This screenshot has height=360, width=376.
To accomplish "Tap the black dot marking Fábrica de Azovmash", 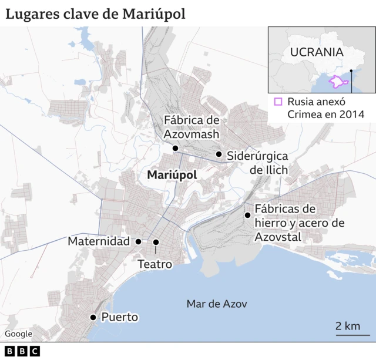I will click(175, 148).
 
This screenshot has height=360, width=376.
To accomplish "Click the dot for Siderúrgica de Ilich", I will click(219, 154).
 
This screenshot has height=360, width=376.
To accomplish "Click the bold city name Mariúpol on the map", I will click(172, 175).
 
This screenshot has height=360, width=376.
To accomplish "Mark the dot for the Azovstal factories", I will click(247, 215).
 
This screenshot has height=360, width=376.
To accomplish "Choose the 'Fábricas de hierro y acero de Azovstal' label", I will click(299, 223).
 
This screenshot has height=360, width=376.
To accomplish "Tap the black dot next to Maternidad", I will click(138, 241).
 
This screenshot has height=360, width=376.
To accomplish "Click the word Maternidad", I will click(99, 241).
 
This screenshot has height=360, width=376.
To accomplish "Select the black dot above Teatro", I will click(156, 242).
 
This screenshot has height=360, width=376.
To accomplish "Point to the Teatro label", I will click(155, 264).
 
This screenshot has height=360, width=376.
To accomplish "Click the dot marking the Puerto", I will click(93, 317).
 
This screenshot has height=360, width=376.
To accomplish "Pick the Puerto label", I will click(120, 317).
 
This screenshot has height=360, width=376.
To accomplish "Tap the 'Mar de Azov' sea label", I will click(217, 304).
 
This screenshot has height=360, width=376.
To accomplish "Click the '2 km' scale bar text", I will click(348, 326).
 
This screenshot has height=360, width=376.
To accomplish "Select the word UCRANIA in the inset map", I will click(316, 51).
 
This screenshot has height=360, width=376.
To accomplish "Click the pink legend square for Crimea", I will click(278, 102).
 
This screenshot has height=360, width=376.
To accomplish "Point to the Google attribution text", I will click(19, 334).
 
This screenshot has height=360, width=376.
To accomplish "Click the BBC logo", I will click(22, 351).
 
